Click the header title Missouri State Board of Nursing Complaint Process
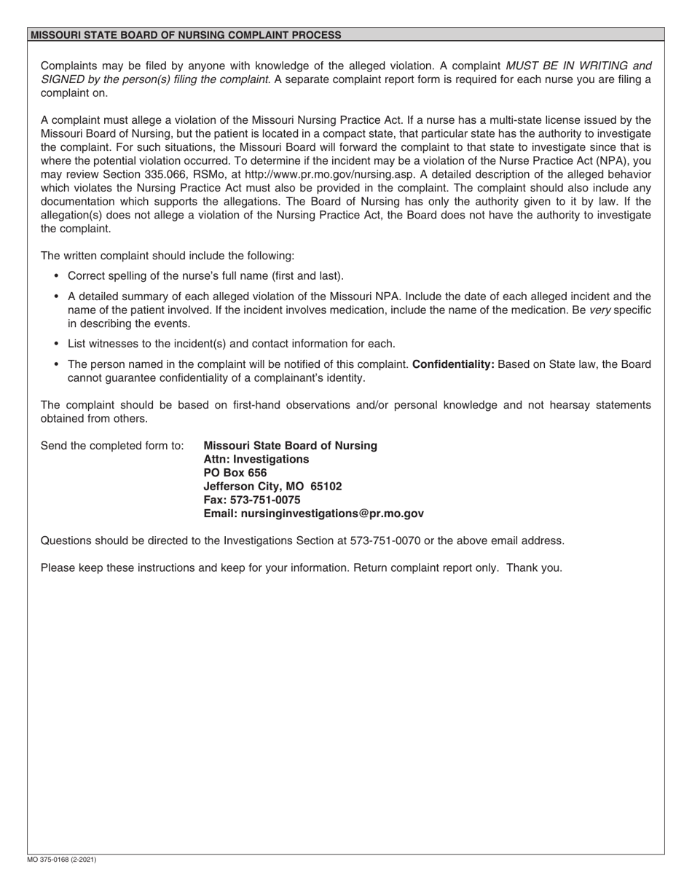(186, 35)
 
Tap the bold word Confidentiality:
(453, 364)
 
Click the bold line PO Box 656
(235, 473)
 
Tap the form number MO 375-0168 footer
(62, 860)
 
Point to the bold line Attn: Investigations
(256, 459)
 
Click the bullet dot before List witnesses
(56, 344)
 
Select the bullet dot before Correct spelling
(56, 276)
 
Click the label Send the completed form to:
(112, 446)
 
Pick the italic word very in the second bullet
(600, 310)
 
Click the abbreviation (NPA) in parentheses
(613, 161)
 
